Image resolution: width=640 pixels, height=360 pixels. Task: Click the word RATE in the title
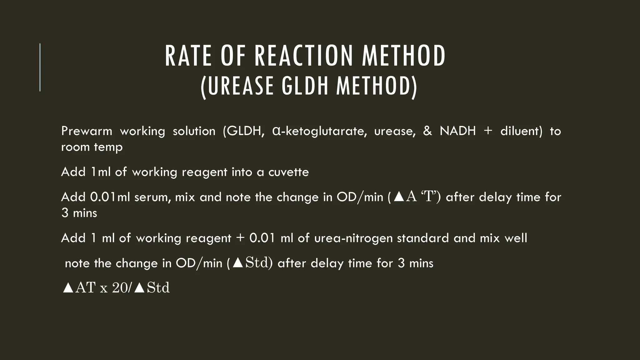(x=188, y=56)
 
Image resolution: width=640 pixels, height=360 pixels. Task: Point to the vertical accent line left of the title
(x=40, y=67)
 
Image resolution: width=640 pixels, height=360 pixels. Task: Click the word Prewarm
(x=87, y=131)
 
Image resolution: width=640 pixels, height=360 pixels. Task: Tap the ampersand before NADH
(x=427, y=131)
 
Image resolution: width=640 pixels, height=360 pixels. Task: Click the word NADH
(x=457, y=131)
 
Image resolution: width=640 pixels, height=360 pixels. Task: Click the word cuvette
(x=288, y=172)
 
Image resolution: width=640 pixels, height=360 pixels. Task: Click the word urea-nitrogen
(x=353, y=238)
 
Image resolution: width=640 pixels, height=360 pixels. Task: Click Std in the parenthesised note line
(x=257, y=263)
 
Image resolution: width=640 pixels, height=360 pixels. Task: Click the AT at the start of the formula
(x=85, y=288)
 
